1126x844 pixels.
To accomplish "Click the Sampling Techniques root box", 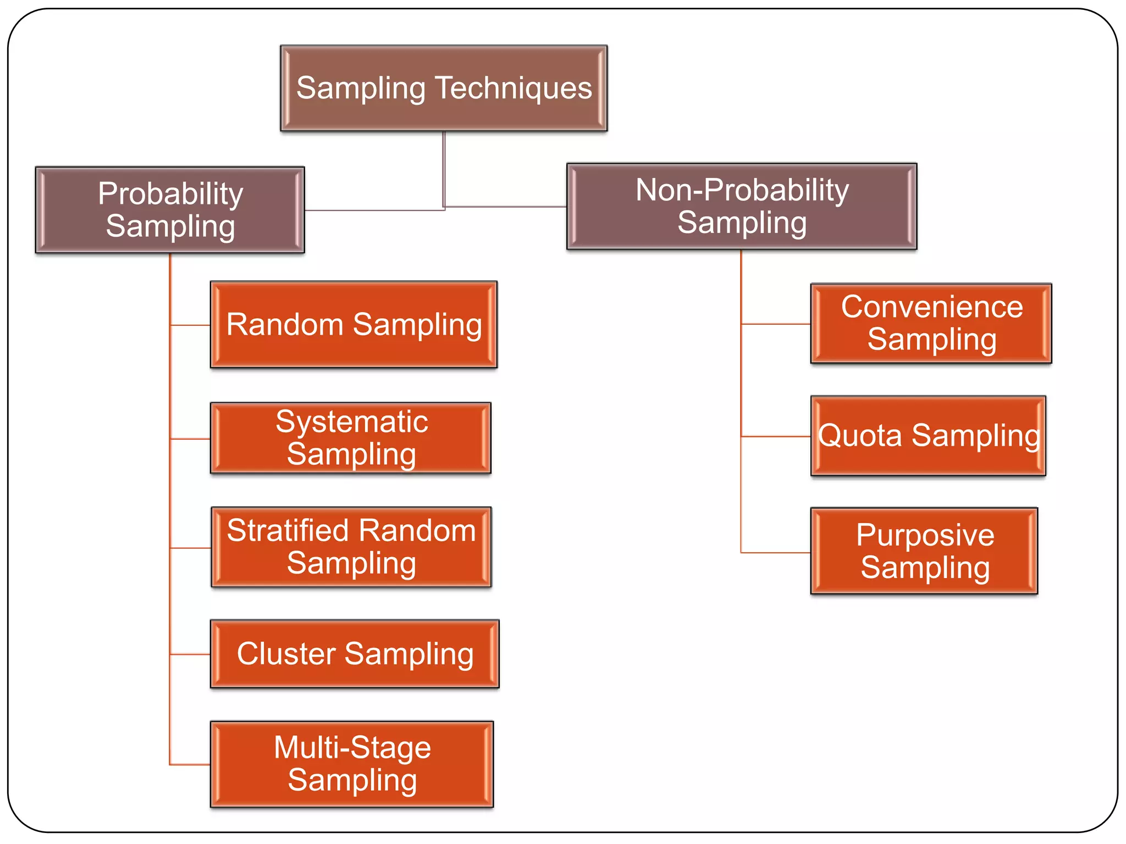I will (x=444, y=88).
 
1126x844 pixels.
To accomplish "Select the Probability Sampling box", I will (x=170, y=210).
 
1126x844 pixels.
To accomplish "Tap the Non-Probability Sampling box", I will (x=742, y=206).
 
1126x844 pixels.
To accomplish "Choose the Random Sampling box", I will (x=354, y=324).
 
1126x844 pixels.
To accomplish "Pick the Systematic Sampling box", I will (x=351, y=438).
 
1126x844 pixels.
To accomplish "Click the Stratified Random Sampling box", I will (x=351, y=547).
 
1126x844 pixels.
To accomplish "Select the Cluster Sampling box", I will (x=355, y=654).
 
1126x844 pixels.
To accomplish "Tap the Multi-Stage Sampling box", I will (x=352, y=764).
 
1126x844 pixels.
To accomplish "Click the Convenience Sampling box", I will (x=931, y=323).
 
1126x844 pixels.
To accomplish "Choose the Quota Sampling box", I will (x=928, y=436).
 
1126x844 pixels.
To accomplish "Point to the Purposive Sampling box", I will (x=924, y=551).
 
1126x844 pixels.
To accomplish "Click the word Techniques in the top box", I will (x=514, y=88).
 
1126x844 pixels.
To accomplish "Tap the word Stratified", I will (x=288, y=531).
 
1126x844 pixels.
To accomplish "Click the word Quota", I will (x=859, y=436).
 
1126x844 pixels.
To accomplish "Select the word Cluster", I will (x=286, y=654).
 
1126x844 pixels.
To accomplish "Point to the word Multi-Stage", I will (x=352, y=748).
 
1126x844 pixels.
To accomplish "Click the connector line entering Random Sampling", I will (x=190, y=325).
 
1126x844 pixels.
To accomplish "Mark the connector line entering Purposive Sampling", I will (x=775, y=552).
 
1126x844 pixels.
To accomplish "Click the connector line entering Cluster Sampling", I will (x=190, y=654).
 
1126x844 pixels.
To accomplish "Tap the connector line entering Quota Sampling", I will (x=775, y=436).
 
